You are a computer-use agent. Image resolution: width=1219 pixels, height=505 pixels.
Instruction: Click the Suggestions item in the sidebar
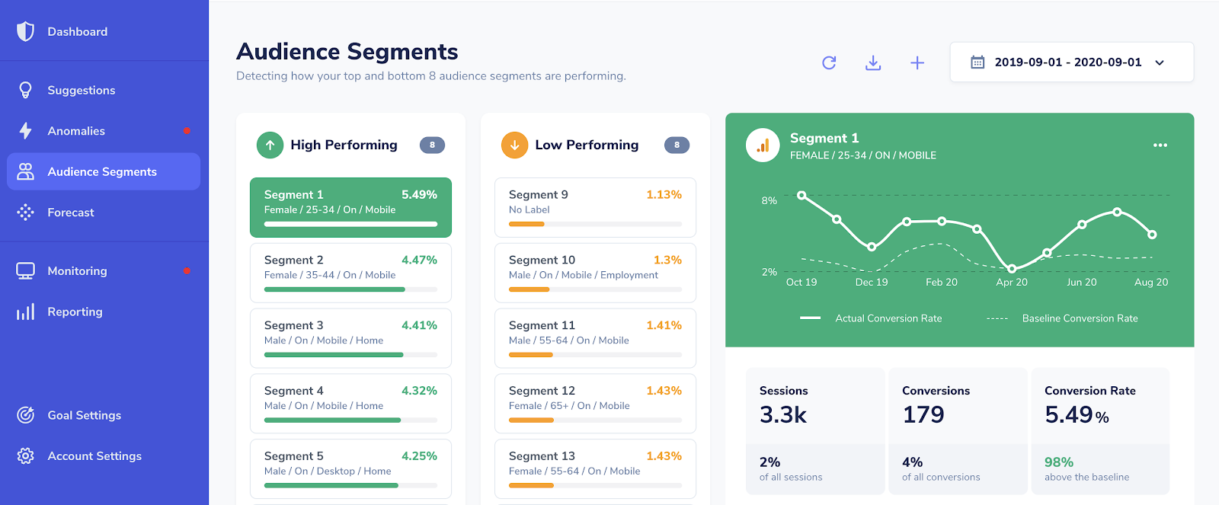pos(81,90)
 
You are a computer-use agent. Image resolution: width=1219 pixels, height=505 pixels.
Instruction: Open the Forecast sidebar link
pos(70,213)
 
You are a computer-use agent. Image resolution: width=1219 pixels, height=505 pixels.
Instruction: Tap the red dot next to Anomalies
pos(187,131)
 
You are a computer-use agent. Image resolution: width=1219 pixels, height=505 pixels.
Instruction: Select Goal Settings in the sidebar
pos(84,415)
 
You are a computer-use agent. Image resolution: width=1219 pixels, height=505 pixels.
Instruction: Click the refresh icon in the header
pos(829,62)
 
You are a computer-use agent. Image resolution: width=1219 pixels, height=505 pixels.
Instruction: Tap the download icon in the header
pos(873,62)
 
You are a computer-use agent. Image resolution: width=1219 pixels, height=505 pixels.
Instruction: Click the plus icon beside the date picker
pos(917,62)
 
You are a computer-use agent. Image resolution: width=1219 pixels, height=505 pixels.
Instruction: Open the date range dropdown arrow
pos(1160,62)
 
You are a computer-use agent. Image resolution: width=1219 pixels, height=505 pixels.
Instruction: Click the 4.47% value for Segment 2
pos(419,260)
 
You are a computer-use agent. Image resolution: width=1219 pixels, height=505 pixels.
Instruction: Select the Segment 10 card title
pos(542,260)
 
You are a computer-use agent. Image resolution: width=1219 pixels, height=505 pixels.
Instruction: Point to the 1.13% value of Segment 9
pos(664,194)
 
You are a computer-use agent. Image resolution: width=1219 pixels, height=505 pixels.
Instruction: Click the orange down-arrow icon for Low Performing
pos(514,145)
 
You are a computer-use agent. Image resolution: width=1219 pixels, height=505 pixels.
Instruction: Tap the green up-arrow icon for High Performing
pos(270,145)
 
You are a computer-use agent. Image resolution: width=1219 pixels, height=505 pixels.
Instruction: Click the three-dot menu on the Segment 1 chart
pos(1160,145)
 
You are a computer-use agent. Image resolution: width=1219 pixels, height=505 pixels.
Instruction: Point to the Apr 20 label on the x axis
pos(1012,282)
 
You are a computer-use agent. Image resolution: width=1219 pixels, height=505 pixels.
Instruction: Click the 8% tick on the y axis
pos(769,200)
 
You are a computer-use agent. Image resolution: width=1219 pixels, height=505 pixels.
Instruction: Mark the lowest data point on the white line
pos(1012,268)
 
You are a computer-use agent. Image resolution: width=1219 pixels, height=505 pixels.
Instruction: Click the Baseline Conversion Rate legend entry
pos(1080,318)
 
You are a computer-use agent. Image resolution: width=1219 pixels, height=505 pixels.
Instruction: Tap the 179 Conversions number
pos(923,414)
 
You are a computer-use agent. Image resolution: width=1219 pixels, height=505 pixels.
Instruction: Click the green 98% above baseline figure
pos(1059,462)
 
